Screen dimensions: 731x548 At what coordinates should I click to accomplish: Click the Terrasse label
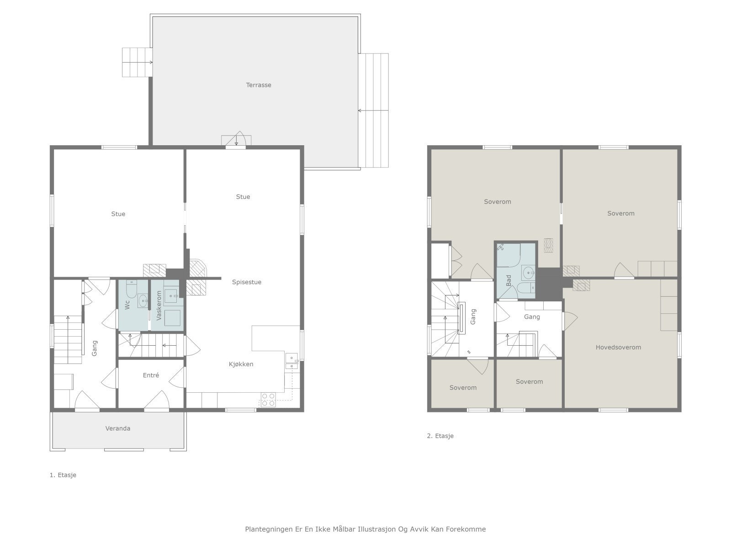[259, 85]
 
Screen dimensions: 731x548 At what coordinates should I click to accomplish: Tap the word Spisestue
[246, 282]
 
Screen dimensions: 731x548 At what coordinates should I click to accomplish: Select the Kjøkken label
[241, 364]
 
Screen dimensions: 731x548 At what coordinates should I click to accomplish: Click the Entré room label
[151, 375]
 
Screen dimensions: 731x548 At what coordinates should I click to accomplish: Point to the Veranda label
[117, 428]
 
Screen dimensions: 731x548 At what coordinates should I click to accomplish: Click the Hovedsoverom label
[618, 347]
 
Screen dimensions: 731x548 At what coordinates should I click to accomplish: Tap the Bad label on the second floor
[509, 280]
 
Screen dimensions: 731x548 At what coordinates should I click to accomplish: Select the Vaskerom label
[159, 306]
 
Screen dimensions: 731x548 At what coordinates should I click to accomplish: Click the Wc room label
[127, 305]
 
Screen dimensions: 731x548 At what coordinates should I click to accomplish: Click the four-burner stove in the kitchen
[268, 400]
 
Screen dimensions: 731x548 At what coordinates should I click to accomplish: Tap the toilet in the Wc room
[132, 289]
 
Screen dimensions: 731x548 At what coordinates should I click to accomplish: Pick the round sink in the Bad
[528, 273]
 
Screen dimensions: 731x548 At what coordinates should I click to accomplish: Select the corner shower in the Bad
[508, 255]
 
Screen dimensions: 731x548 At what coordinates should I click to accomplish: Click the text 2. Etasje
[440, 436]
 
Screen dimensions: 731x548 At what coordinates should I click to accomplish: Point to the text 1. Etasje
[63, 475]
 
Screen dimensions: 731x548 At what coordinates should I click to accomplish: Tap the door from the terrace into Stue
[236, 140]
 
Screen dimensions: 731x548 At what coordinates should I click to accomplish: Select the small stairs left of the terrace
[137, 62]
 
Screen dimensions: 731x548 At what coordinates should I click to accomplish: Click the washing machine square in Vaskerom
[172, 318]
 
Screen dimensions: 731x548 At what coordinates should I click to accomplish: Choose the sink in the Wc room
[143, 300]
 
